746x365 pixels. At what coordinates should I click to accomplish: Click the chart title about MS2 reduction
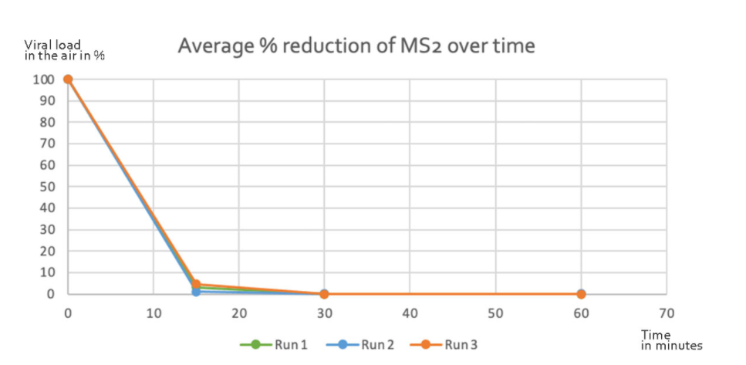coord(356,46)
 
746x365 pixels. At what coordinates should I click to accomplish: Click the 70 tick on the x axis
coord(667,313)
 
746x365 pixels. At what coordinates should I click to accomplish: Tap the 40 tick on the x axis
coord(410,313)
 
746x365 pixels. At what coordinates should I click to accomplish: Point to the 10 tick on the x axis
coord(154,313)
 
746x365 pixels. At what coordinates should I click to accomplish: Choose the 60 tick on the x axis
coord(581,313)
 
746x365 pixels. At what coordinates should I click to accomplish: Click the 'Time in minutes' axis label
coord(671,340)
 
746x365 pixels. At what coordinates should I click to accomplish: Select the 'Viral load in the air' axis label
coord(64,51)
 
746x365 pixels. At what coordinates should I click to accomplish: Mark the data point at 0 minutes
coord(68,79)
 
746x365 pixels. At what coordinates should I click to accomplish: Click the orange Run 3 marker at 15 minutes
coord(196,284)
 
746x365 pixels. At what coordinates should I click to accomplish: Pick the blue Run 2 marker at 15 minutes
coord(196,292)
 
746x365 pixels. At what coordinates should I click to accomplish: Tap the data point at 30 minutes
coord(324,294)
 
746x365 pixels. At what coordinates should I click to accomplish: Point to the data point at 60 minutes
coord(581,294)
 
